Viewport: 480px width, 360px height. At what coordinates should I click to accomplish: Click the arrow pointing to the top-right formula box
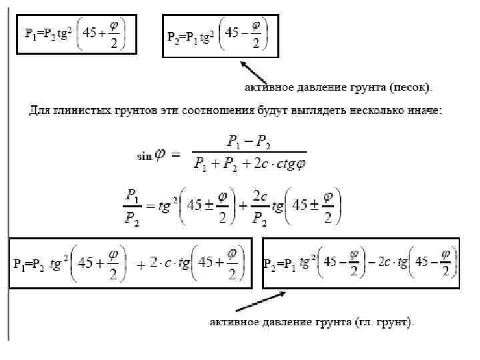tap(257, 72)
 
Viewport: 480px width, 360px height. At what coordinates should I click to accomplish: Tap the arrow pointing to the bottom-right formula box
tap(261, 302)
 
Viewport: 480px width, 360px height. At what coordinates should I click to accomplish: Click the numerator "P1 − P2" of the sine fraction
tap(249, 141)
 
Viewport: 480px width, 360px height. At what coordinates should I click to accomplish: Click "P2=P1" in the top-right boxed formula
tap(184, 37)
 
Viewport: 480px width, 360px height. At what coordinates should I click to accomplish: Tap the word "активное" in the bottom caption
tap(233, 322)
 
